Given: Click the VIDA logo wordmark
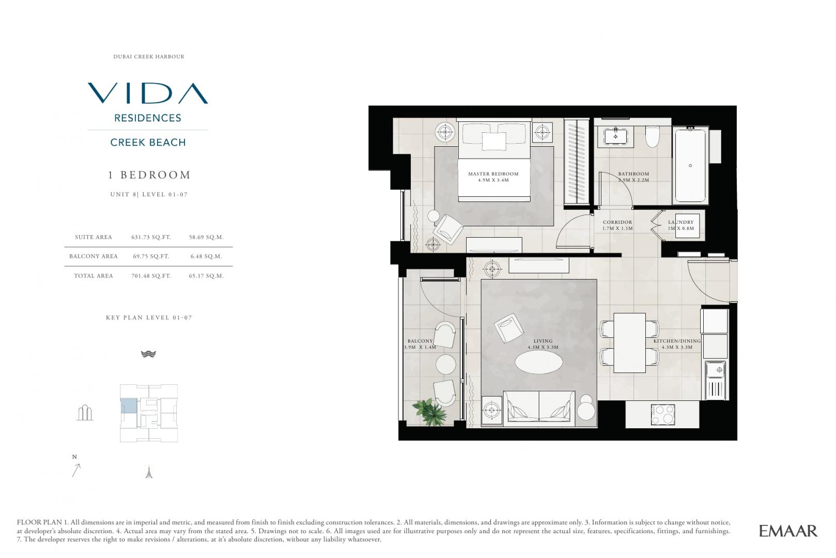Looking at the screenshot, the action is (x=148, y=93).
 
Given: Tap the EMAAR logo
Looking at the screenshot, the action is (x=788, y=531).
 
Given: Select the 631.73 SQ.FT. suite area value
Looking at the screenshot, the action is (x=151, y=237).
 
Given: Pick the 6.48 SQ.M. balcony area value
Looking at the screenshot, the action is (x=206, y=256).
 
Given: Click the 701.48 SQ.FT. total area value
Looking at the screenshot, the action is (x=151, y=276).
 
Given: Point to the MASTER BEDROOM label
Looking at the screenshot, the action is (x=493, y=174).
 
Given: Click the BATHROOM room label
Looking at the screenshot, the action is (x=634, y=174).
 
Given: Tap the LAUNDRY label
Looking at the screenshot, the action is (x=681, y=222).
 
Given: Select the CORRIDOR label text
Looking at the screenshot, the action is (x=617, y=222).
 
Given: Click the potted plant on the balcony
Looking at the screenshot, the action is (x=430, y=412).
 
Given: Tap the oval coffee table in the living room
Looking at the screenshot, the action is (x=538, y=362).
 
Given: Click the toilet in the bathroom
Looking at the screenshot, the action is (x=653, y=136).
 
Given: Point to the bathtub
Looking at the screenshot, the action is (x=690, y=165).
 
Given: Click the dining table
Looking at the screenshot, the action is (x=630, y=343).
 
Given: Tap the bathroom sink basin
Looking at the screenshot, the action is (x=615, y=136).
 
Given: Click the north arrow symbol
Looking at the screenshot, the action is (x=76, y=470).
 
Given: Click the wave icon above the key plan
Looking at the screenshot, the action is (x=148, y=354).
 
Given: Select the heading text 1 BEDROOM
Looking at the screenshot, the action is (x=149, y=175).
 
